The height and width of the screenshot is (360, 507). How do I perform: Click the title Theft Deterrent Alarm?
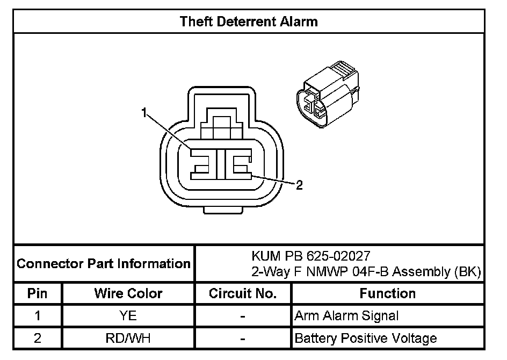click(x=249, y=21)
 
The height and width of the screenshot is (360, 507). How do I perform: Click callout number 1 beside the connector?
click(x=144, y=112)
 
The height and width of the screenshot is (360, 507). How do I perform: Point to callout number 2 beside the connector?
click(x=299, y=185)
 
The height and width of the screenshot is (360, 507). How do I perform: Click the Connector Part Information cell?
click(x=104, y=264)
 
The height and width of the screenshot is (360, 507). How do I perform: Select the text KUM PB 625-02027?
click(x=311, y=255)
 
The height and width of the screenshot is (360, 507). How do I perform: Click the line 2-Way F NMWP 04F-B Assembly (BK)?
click(x=365, y=272)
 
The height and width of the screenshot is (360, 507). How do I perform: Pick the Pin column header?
click(x=37, y=294)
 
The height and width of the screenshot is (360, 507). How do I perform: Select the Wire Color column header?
click(x=128, y=294)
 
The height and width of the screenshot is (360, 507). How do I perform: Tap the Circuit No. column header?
click(x=243, y=294)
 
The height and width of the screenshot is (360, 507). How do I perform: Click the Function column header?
click(x=387, y=294)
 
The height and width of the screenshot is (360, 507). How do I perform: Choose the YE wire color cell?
click(x=128, y=316)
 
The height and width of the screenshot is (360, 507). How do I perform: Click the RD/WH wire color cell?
click(x=128, y=339)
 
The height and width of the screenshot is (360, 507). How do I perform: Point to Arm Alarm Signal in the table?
click(x=346, y=316)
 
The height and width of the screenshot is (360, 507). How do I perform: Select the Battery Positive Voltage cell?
click(x=365, y=339)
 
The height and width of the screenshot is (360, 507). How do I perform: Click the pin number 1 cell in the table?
click(x=37, y=316)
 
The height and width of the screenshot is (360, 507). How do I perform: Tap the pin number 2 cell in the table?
click(x=37, y=339)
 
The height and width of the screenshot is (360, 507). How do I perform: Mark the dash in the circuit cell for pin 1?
click(x=243, y=316)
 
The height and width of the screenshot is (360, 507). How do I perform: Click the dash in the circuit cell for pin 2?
click(x=243, y=339)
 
